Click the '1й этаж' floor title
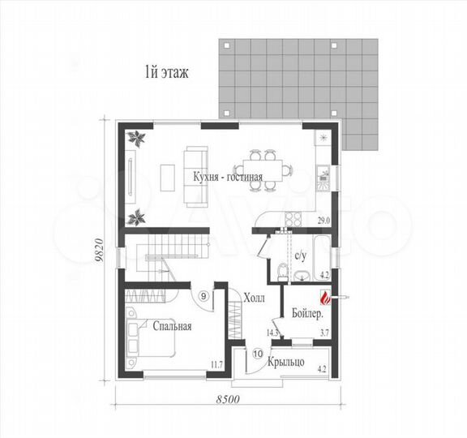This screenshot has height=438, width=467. click(166, 73)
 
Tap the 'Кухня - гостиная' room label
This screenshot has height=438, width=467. click(228, 177)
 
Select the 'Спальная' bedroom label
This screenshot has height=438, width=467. click(172, 326)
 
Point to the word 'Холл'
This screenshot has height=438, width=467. click(254, 298)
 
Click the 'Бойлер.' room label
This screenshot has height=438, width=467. click(307, 313)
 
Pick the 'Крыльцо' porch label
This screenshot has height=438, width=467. click(286, 362)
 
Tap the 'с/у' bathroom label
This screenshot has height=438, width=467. click(300, 255)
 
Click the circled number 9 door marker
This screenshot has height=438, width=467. click(204, 296)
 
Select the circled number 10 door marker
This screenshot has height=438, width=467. click(258, 354)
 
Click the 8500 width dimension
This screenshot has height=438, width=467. click(228, 399)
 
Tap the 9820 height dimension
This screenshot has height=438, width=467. click(100, 249)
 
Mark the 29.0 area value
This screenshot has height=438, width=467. click(323, 221)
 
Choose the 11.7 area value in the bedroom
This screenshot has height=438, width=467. click(216, 364)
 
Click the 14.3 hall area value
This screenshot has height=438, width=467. click(272, 333)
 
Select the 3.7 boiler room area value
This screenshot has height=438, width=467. click(324, 333)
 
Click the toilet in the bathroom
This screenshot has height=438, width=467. click(282, 272)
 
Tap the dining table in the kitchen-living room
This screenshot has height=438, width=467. click(263, 170)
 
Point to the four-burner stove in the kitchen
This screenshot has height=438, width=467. click(293, 219)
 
